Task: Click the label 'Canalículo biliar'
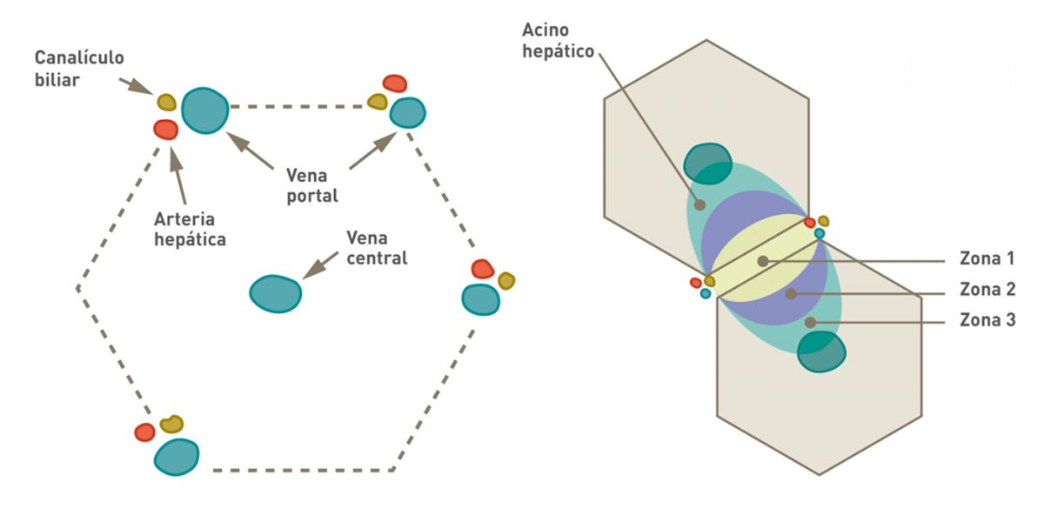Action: click(x=79, y=68)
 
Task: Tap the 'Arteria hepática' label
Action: click(x=190, y=229)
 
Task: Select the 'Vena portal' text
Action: click(x=311, y=185)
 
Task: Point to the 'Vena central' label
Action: click(x=377, y=247)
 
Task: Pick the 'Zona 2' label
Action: click(x=987, y=291)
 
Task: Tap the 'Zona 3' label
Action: click(x=987, y=321)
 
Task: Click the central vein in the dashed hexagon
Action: click(x=276, y=294)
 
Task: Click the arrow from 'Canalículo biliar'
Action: click(x=137, y=87)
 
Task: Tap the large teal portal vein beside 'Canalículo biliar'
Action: click(x=205, y=110)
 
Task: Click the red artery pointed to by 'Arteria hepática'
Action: click(x=165, y=130)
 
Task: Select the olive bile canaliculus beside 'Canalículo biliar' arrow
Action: click(x=166, y=102)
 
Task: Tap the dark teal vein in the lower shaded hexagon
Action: click(x=821, y=351)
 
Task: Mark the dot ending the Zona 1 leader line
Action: click(x=762, y=261)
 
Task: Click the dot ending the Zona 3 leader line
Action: click(x=810, y=322)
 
